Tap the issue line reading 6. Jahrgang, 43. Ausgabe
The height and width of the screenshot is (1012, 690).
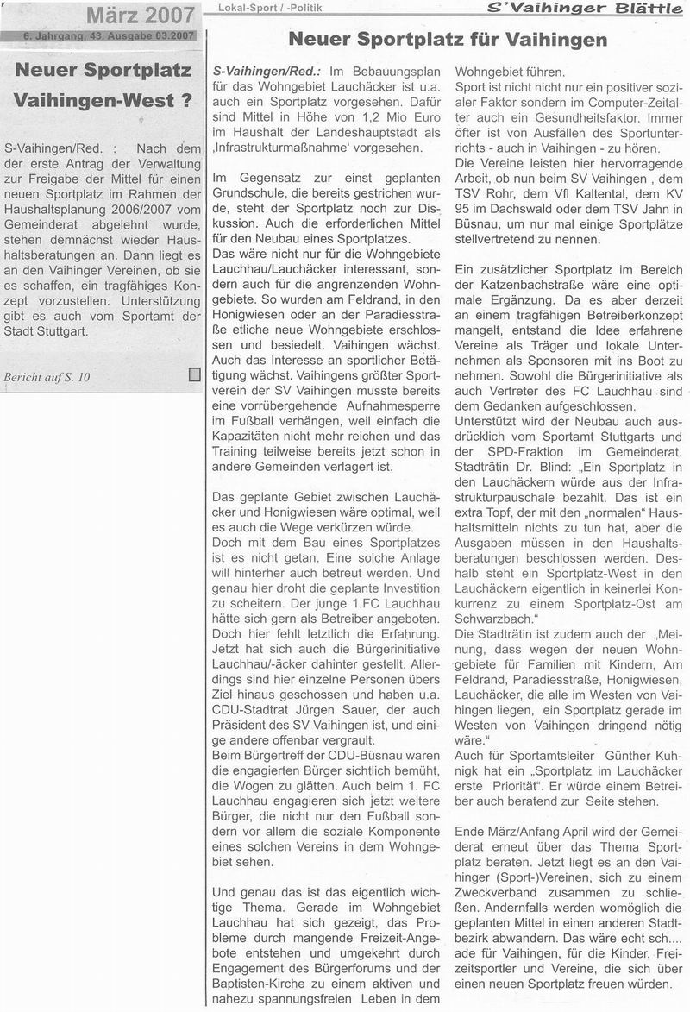pyautogui.click(x=99, y=35)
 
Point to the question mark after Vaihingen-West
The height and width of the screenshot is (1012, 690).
pyautogui.click(x=185, y=100)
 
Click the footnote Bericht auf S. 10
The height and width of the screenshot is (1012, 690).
pyautogui.click(x=47, y=377)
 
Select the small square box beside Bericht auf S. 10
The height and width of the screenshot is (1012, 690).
pyautogui.click(x=194, y=374)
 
